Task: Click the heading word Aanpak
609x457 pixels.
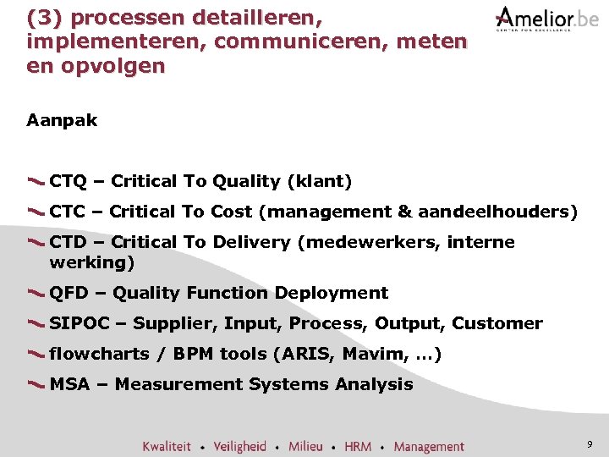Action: [x=62, y=120]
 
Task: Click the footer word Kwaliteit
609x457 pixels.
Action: [x=167, y=446]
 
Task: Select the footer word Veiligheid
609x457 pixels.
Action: [x=239, y=446]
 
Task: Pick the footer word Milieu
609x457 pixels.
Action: [x=305, y=446]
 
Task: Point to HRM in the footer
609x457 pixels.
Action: [x=358, y=446]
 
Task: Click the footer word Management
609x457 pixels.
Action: [x=429, y=446]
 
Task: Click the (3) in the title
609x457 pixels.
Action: [x=42, y=17]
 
